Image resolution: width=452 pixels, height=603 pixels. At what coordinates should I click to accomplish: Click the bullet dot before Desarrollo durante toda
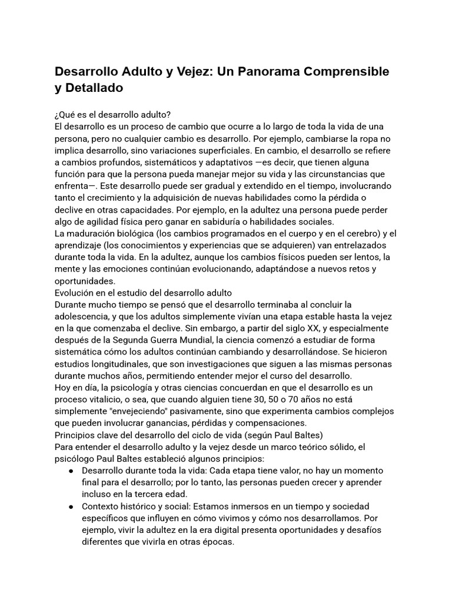(x=71, y=471)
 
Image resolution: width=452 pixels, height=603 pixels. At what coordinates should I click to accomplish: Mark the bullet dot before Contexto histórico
(x=71, y=506)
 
